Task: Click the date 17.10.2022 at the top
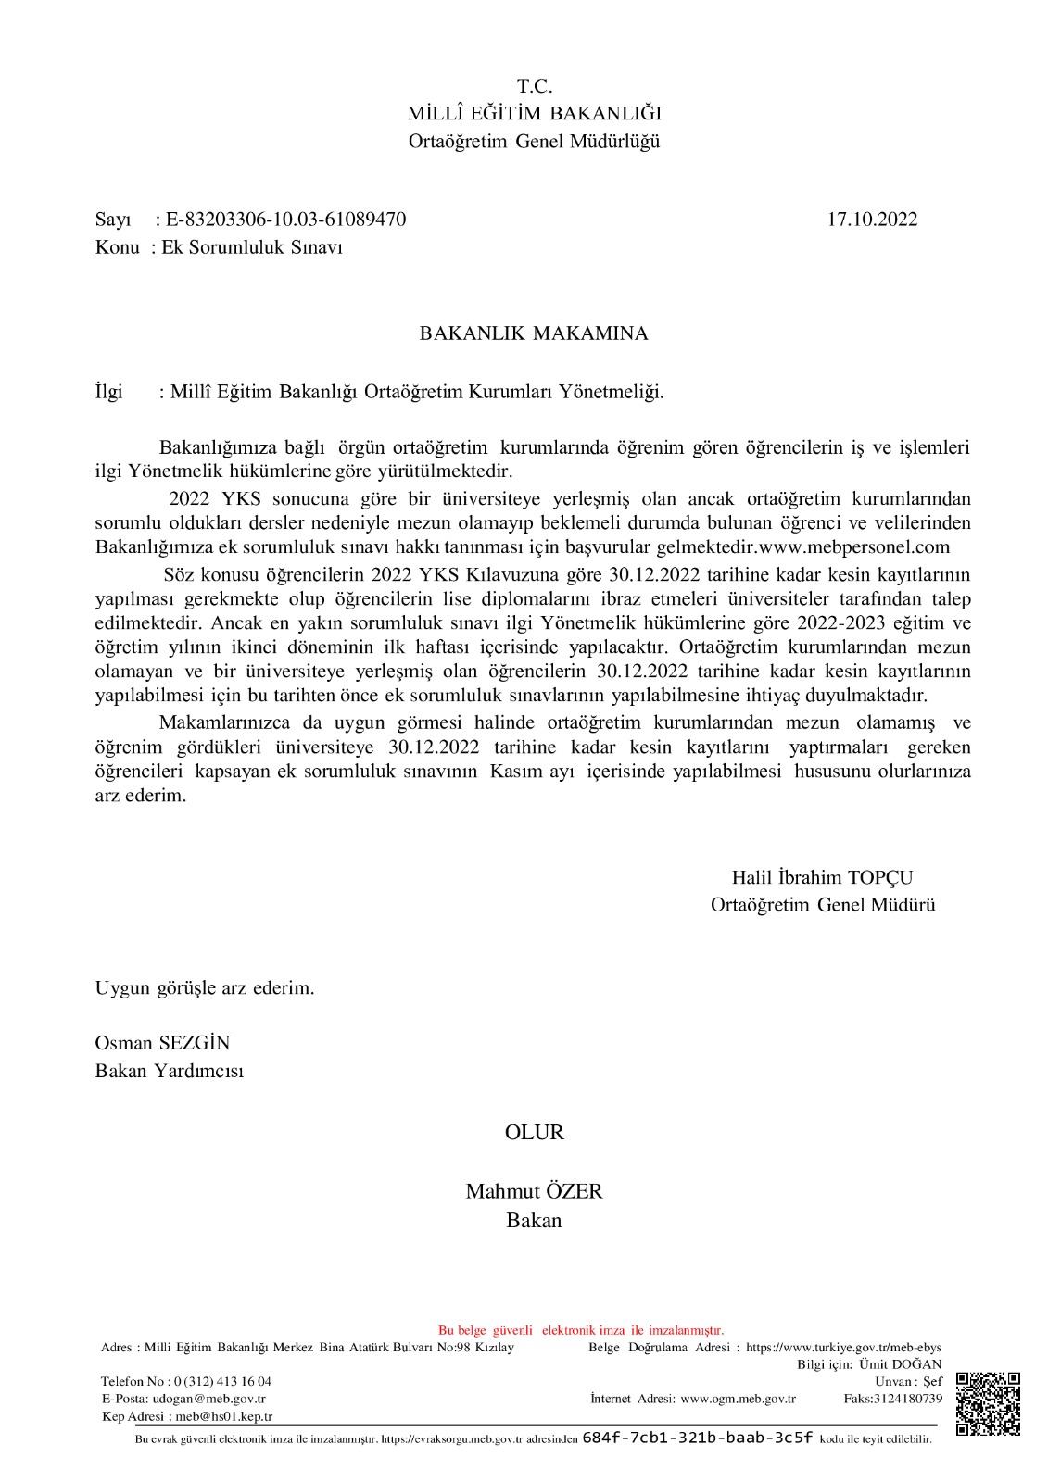point(872,220)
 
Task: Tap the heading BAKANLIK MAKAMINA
point(534,333)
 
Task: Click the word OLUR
point(534,1132)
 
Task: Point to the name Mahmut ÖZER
point(534,1191)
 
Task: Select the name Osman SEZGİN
point(162,1042)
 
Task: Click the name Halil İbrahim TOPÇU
point(822,877)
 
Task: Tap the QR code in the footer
point(988,1403)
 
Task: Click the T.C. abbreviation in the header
point(535,87)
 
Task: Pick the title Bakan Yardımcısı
point(170,1071)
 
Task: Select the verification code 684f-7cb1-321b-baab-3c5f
point(697,1438)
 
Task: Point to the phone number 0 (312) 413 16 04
point(222,1380)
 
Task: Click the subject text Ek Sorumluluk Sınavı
point(252,247)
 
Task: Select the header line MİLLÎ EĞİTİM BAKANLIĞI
point(535,114)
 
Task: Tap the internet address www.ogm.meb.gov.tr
point(738,1398)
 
